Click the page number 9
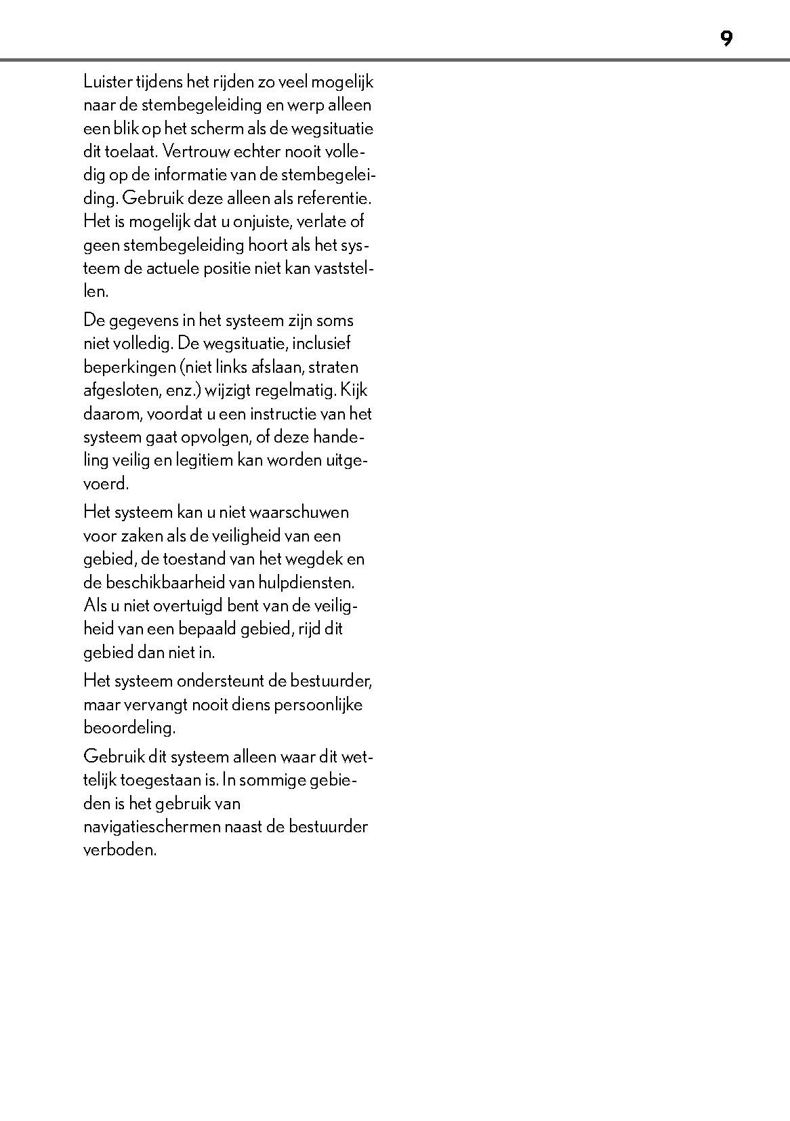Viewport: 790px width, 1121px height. coord(726,39)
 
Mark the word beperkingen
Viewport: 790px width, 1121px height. coord(129,367)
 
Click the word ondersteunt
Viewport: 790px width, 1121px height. coord(228,680)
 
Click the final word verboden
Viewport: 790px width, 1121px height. coord(119,850)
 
